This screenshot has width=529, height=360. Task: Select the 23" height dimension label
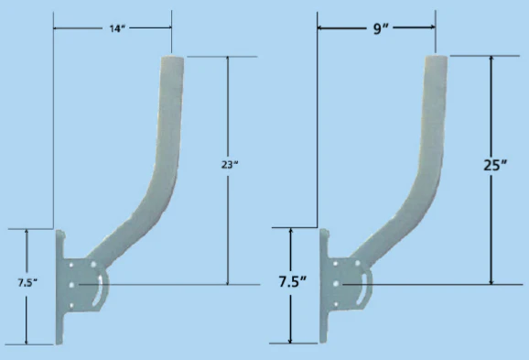(229, 165)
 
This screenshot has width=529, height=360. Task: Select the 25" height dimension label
(493, 166)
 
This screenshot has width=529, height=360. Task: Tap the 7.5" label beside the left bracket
(27, 283)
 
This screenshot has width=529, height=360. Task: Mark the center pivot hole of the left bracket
(71, 285)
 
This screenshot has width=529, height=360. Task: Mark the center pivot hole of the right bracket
(336, 285)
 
